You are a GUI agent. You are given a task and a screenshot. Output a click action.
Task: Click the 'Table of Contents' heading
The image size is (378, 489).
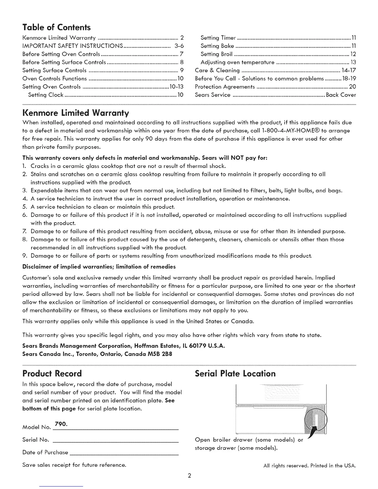click(57, 27)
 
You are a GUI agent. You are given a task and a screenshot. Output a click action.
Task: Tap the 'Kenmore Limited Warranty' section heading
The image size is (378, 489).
click(76, 111)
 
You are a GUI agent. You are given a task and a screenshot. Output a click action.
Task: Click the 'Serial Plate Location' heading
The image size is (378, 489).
click(235, 374)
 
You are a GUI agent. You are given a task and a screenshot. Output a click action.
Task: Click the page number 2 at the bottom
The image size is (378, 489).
click(189, 475)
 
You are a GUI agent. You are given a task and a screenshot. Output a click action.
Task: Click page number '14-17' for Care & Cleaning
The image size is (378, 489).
click(349, 70)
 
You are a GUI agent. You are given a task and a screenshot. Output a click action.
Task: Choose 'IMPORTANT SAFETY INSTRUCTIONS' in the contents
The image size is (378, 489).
click(73, 46)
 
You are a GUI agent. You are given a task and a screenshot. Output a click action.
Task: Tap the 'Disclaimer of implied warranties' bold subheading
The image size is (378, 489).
click(99, 266)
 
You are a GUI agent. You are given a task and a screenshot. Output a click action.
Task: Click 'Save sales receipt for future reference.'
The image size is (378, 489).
click(74, 465)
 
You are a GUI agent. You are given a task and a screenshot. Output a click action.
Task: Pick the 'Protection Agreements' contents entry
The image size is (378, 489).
click(225, 87)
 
